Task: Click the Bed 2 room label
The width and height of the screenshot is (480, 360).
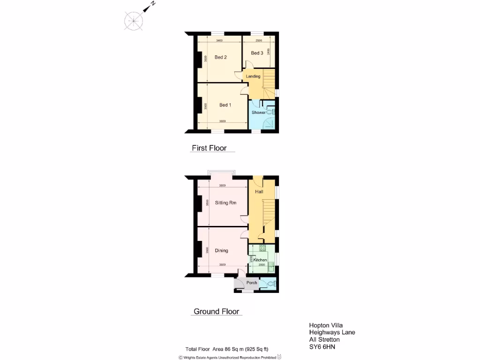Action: click(x=221, y=58)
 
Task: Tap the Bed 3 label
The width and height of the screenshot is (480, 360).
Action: click(x=257, y=53)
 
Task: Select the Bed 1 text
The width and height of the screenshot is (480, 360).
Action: click(x=225, y=105)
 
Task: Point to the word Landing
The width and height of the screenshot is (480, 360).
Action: click(x=253, y=76)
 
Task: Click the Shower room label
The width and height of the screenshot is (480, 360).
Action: click(x=259, y=112)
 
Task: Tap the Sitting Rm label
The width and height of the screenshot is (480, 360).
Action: click(x=225, y=203)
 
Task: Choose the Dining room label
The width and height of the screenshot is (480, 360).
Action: click(x=222, y=251)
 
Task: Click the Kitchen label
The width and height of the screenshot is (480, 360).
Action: click(x=260, y=260)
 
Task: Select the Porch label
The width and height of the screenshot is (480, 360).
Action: click(x=252, y=283)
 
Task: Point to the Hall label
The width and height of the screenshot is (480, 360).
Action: click(x=259, y=192)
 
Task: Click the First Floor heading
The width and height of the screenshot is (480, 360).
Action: click(x=209, y=148)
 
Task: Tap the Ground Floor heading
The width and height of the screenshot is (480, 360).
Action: click(x=217, y=311)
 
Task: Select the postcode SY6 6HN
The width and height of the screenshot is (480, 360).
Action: click(x=322, y=347)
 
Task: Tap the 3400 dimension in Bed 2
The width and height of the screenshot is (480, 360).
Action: click(x=219, y=41)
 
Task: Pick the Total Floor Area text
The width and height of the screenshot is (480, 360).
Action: click(x=227, y=349)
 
